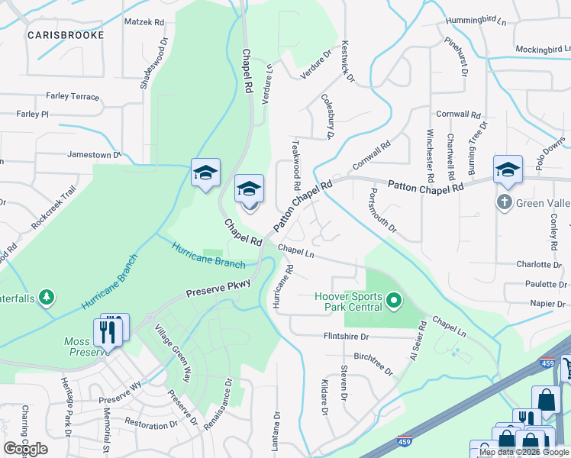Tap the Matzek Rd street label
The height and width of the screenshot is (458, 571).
(144, 23)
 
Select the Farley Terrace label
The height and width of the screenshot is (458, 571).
(73, 97)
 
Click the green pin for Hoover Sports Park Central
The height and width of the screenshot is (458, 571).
(394, 302)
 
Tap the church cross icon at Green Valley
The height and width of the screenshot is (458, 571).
(503, 202)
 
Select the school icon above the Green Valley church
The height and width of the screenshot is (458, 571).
(508, 172)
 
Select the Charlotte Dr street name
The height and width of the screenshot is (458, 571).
(538, 265)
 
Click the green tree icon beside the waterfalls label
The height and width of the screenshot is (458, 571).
(47, 296)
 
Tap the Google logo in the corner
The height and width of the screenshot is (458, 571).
(25, 449)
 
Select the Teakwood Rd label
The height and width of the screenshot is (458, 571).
(296, 165)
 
